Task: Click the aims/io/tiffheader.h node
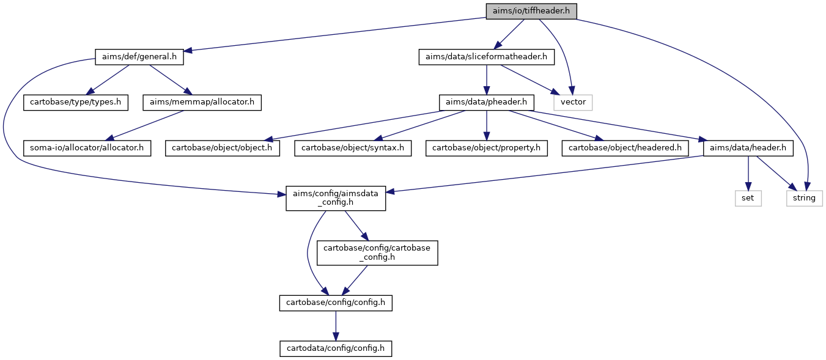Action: point(531,12)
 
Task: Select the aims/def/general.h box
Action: point(139,57)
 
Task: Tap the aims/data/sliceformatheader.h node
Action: point(487,57)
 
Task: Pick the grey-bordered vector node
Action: point(573,103)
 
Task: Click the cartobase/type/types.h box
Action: point(76,103)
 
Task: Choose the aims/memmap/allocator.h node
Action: point(202,103)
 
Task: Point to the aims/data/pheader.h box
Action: point(487,103)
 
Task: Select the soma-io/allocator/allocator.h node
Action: point(87,148)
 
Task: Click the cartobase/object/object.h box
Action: point(223,148)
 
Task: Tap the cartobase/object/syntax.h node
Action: point(353,148)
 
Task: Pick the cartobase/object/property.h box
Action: point(487,148)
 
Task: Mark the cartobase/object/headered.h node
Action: point(625,148)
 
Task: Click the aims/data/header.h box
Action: point(748,148)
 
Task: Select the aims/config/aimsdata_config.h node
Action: point(336,198)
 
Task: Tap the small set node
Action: point(748,198)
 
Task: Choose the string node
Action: point(804,198)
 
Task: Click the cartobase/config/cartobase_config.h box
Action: point(377,253)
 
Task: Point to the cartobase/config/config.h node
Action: point(336,303)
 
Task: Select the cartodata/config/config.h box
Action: point(336,348)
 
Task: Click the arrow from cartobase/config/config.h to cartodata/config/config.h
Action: point(336,326)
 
